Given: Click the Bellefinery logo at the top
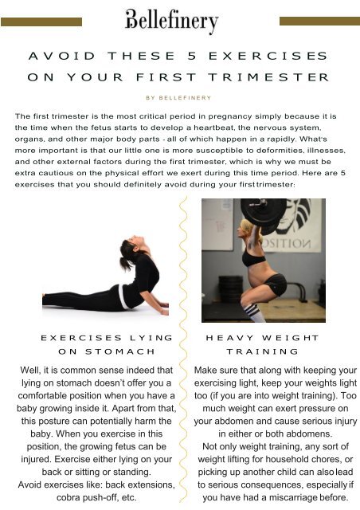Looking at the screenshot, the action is click(172, 21).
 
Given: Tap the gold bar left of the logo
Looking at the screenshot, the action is click(41, 22).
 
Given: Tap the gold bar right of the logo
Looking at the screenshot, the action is click(319, 21).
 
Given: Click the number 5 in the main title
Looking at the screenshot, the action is click(192, 56).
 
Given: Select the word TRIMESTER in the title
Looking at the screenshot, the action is click(268, 77).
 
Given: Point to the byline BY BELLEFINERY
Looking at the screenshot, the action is click(178, 97).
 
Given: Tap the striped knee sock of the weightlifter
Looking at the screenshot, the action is click(253, 312).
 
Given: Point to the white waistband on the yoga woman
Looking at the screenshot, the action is click(123, 297).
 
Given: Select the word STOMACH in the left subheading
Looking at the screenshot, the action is click(120, 351).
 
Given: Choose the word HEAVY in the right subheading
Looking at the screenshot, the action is click(229, 338).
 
